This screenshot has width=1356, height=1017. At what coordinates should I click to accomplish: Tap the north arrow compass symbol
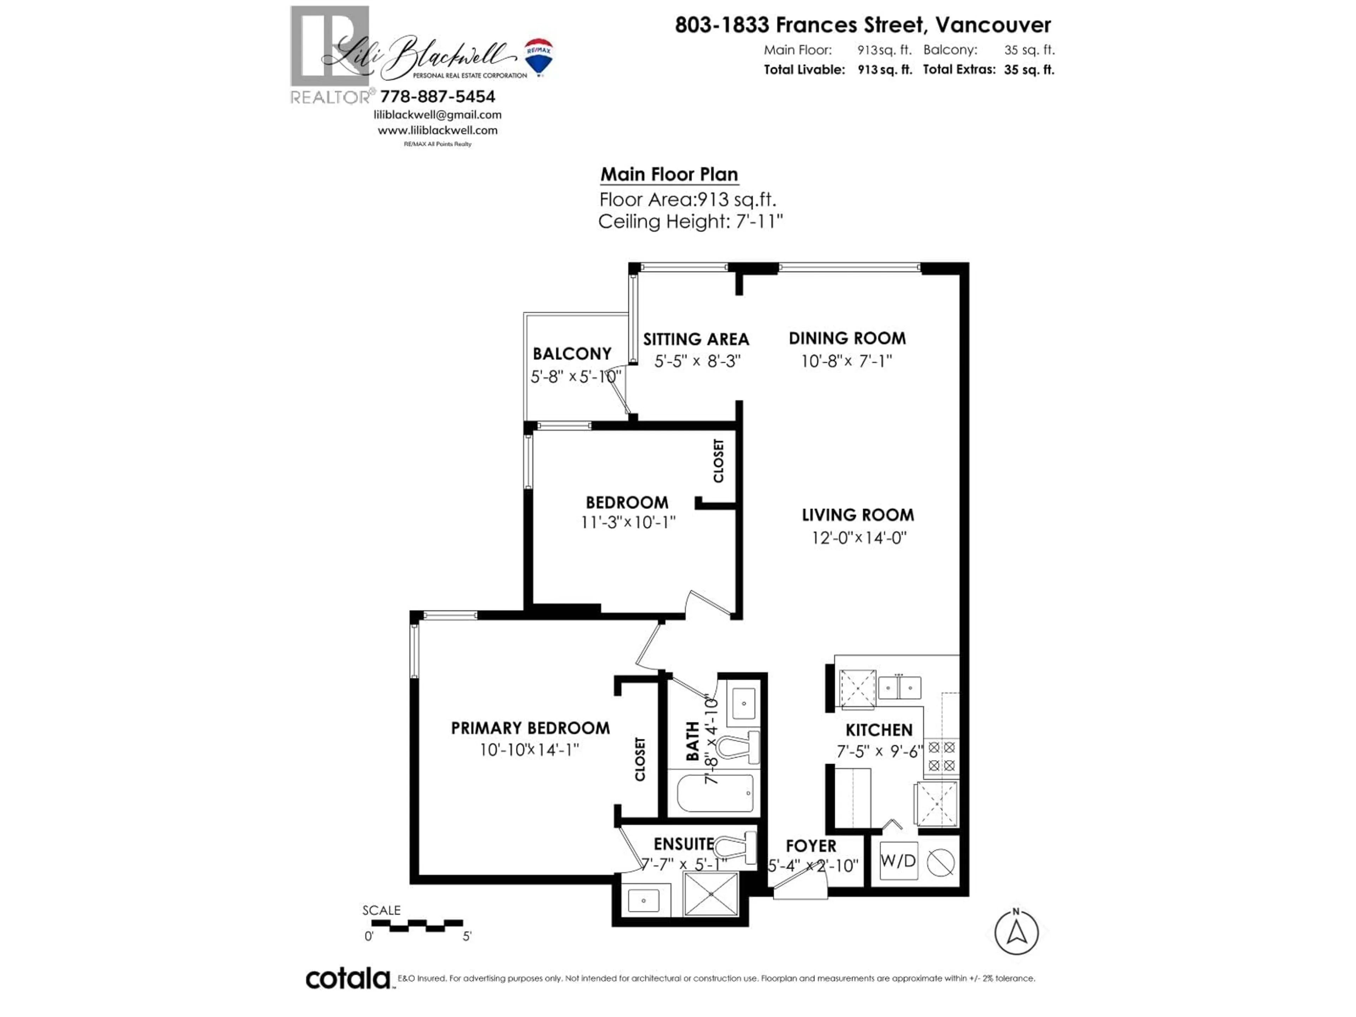coord(1016,932)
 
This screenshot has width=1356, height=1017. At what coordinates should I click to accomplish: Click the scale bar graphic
coord(417,925)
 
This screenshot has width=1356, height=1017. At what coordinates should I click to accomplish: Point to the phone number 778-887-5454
coord(437,97)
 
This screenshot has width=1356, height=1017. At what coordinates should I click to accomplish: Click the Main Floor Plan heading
coord(669,175)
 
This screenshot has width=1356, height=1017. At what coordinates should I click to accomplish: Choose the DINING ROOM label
coord(846,338)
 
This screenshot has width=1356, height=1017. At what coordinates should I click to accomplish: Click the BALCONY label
coord(572,354)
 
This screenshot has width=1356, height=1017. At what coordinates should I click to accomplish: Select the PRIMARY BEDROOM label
coord(530,728)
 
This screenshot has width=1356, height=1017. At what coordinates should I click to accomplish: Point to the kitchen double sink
coord(899,688)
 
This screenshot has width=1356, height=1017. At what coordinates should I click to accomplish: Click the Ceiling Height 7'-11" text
coord(690,222)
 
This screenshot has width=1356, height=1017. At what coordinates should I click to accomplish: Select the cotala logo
coord(347,979)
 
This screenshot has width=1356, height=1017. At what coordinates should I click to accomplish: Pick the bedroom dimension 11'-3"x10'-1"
coord(628,522)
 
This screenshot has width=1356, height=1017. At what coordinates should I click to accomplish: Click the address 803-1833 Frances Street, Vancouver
coord(863,25)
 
